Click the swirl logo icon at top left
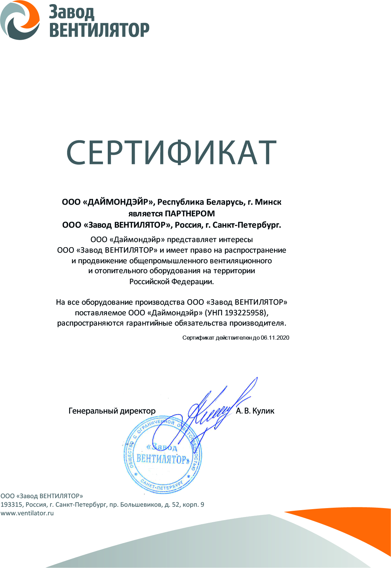tap(19, 20)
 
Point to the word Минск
tap(268, 202)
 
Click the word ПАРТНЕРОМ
tap(190, 214)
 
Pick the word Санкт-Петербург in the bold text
tap(247, 225)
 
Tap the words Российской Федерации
tap(171, 282)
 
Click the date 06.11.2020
tap(275, 338)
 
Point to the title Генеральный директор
tap(112, 411)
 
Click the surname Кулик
tap(263, 411)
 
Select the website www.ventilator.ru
tap(27, 513)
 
